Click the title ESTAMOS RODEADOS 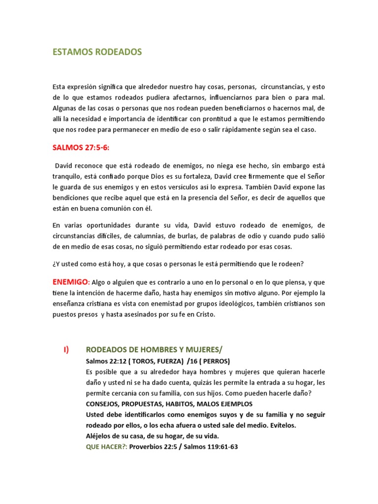point(97,52)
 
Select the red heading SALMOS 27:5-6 point(82,148)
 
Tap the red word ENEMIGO point(70,282)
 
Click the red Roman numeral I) point(65,349)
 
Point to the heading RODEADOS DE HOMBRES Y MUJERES point(154,350)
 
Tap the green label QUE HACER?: point(106,447)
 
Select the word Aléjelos point(100,436)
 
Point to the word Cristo point(204,315)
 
